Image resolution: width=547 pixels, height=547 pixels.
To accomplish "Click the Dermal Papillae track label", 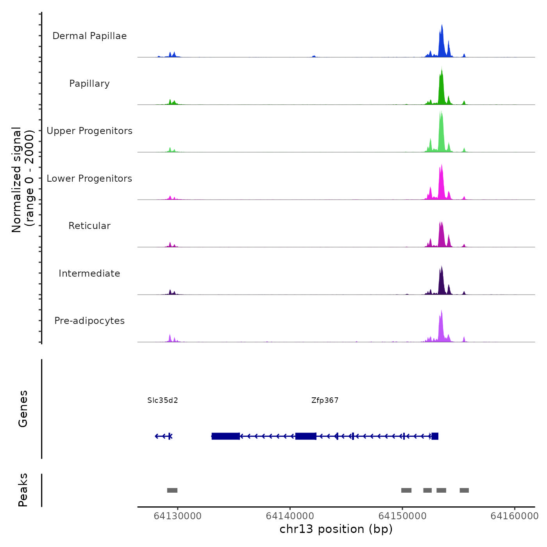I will coord(89,36).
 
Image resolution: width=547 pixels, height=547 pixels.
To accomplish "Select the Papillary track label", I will coord(89,84).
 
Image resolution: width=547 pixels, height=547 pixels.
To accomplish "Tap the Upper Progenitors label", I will coord(89,131).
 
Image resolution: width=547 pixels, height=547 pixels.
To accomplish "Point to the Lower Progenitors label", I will coord(89,179).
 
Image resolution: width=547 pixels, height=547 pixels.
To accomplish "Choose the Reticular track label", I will coord(89,226).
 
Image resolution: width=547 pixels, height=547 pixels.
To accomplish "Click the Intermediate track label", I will coord(89,273).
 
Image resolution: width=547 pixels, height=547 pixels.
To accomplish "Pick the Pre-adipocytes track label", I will coord(89,321).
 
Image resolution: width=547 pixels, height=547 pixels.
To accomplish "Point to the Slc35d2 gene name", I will coord(163,400).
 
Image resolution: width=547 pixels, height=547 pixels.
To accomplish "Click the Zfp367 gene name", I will coord(325,400).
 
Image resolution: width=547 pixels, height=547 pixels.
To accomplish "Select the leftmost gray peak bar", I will coord(172,490).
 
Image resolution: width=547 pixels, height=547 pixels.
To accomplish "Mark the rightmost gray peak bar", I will coord(464,490).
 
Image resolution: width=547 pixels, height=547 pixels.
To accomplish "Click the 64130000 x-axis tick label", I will coord(178,516).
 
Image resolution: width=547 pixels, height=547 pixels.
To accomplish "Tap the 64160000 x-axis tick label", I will coord(515,516).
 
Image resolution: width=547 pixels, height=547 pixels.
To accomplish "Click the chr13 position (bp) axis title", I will coord(336,529).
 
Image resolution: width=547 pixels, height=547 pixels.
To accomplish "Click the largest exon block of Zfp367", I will coord(226,436).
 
